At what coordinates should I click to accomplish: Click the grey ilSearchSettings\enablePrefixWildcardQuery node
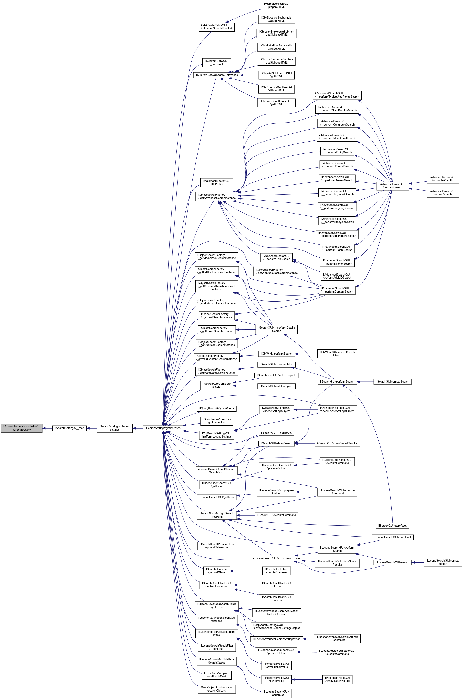(22, 428)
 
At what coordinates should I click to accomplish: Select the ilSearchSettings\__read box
(69, 428)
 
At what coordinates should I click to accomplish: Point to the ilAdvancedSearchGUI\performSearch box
(392, 186)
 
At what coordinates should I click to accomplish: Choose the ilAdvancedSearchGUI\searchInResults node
(442, 179)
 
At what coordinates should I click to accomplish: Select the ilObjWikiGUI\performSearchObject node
(337, 354)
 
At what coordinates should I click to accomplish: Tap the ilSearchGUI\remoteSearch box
(392, 381)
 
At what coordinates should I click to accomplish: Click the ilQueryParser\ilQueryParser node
(217, 409)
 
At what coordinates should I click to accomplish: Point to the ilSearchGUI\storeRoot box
(392, 526)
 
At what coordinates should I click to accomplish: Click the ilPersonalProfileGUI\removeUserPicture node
(337, 679)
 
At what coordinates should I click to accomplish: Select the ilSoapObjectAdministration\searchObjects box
(216, 689)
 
